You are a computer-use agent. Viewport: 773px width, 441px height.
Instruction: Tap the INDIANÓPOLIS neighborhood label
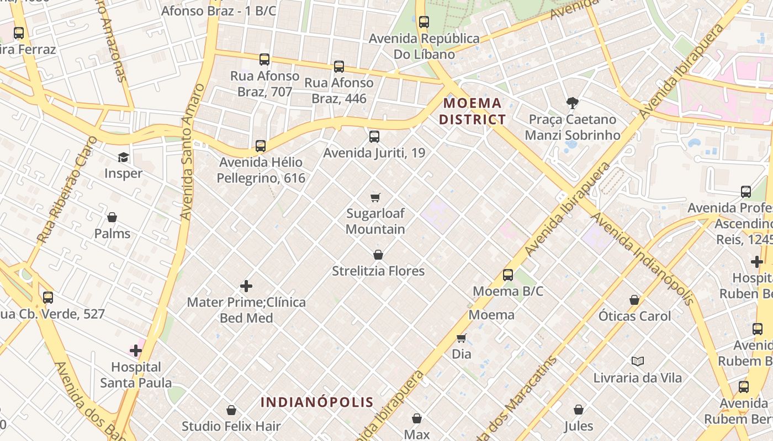(317, 402)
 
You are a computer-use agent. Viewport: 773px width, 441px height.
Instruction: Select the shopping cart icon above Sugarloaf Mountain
(375, 197)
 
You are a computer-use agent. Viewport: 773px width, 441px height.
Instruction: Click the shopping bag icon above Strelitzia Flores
(378, 255)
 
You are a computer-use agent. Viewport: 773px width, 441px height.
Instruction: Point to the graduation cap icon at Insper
(123, 158)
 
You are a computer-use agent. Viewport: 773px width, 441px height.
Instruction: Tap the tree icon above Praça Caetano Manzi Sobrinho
(572, 103)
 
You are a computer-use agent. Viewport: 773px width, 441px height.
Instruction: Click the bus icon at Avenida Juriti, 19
(374, 137)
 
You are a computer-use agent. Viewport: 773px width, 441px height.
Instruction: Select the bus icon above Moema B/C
(508, 275)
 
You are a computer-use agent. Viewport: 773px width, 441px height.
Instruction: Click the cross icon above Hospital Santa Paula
(136, 351)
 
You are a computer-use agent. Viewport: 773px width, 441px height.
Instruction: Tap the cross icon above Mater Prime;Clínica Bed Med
(246, 286)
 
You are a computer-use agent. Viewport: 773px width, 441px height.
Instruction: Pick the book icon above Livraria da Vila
(638, 362)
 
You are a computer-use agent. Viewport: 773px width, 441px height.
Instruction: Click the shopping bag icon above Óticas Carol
(634, 300)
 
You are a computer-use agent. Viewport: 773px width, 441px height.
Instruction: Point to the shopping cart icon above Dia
(461, 338)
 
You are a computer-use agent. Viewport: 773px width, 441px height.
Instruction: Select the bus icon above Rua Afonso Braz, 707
(264, 60)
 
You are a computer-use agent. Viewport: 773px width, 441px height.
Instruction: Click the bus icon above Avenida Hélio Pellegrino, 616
(261, 146)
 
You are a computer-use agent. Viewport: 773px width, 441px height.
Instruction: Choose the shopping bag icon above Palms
(112, 217)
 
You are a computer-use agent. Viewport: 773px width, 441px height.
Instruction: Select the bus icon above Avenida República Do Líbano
(423, 22)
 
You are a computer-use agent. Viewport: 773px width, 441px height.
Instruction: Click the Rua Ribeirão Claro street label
(67, 190)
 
